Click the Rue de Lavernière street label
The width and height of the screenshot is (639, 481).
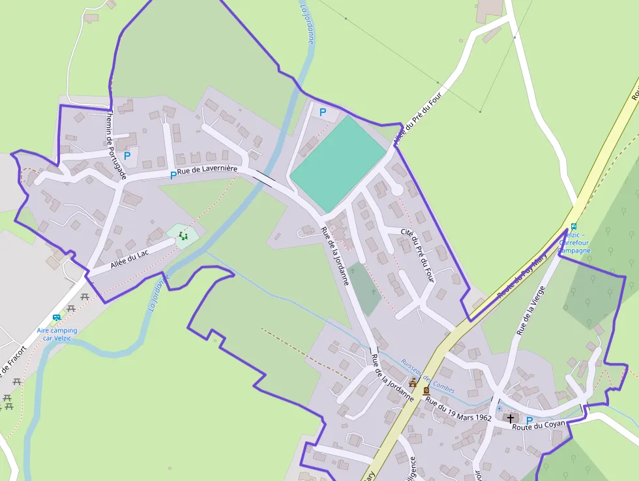pyautogui.click(x=207, y=170)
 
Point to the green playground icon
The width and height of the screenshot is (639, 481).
pyautogui.click(x=184, y=236)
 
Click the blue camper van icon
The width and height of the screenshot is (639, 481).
pyautogui.click(x=57, y=317)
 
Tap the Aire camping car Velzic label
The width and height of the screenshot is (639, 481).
pyautogui.click(x=57, y=334)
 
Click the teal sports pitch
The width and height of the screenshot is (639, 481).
pyautogui.click(x=338, y=163)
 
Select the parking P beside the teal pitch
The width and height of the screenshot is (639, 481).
pyautogui.click(x=323, y=112)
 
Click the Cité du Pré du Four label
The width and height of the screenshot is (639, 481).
pyautogui.click(x=417, y=255)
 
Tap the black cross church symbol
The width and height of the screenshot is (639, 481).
pyautogui.click(x=510, y=418)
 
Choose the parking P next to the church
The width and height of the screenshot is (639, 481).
pyautogui.click(x=529, y=421)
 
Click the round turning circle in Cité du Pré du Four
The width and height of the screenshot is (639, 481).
pyautogui.click(x=395, y=190)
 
